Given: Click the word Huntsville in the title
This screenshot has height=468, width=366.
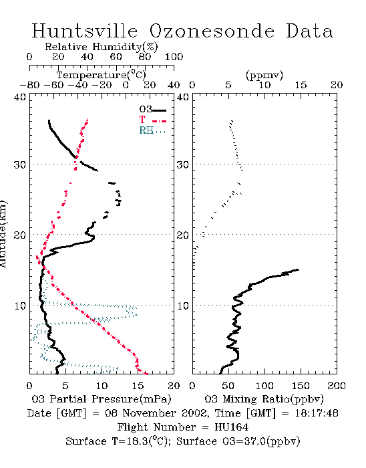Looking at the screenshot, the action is [x=85, y=31].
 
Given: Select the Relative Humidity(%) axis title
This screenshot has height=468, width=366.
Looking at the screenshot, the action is [x=102, y=47].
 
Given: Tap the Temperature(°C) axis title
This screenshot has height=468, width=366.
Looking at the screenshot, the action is [x=102, y=75].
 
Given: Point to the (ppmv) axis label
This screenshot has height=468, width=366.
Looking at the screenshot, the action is [x=264, y=75].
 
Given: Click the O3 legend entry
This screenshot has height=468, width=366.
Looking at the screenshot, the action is [x=152, y=110].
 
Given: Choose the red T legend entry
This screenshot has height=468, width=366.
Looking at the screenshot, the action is [x=152, y=120].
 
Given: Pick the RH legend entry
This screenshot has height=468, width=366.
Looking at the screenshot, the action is [x=152, y=130].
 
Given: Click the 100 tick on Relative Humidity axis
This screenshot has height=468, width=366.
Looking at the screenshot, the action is [x=174, y=57].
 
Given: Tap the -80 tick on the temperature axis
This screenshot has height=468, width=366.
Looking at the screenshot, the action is [x=29, y=86].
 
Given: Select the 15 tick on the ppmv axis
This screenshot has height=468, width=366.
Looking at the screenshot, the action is [x=301, y=86].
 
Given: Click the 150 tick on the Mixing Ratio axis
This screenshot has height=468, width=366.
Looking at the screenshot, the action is [x=301, y=386].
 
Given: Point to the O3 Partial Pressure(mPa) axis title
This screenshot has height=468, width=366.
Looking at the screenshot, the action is [x=102, y=399].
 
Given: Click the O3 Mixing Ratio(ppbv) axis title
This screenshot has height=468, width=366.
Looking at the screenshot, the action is [x=264, y=399].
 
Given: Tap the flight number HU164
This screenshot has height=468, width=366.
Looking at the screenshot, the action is [x=232, y=427].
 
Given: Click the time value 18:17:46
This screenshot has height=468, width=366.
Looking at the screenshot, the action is [x=317, y=413].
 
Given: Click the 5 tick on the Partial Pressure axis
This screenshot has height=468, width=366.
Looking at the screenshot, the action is [x=65, y=386].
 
